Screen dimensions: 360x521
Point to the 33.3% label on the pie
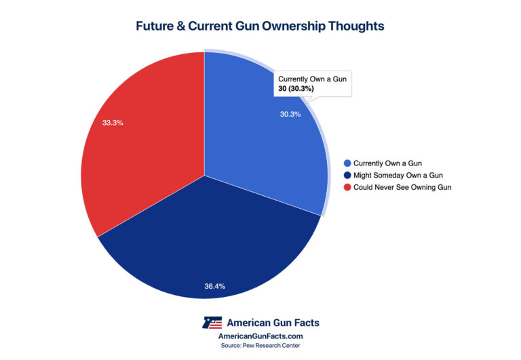pos(112,123)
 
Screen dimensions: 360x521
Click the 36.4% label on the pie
pos(214,286)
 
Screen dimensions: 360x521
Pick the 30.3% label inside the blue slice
pos(290,114)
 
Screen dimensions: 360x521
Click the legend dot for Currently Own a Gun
pos(348,163)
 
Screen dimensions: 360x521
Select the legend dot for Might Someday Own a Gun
pos(348,176)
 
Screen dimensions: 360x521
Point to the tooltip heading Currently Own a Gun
pos(313,79)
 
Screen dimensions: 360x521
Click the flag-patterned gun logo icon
pos(214,322)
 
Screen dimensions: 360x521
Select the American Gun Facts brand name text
pos(273,322)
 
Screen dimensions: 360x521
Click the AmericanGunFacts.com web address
pos(260,336)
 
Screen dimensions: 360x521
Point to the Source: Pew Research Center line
pos(260,346)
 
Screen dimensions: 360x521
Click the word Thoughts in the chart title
pos(360,26)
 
